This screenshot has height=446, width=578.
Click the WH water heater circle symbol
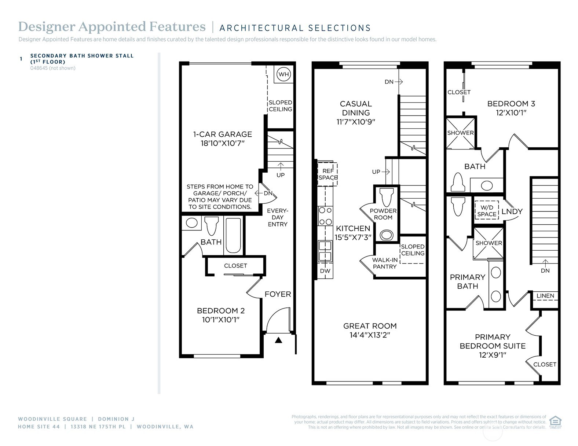click(x=283, y=74)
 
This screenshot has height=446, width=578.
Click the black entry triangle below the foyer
click(x=278, y=340)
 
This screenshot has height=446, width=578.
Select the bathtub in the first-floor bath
click(x=233, y=236)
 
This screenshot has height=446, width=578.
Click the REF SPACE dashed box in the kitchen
click(x=328, y=174)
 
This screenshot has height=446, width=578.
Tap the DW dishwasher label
click(x=325, y=271)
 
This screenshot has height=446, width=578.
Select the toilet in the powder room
click(x=386, y=197)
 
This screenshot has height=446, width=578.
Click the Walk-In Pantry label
click(x=385, y=263)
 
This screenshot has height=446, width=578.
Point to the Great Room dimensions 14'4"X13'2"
click(x=370, y=335)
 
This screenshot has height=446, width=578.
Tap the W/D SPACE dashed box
click(x=487, y=211)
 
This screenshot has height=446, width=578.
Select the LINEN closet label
click(x=545, y=296)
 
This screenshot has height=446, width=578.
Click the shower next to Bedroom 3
click(x=460, y=133)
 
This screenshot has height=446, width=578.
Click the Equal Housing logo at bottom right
click(x=556, y=421)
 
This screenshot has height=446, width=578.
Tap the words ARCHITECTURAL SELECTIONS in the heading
click(x=295, y=28)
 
